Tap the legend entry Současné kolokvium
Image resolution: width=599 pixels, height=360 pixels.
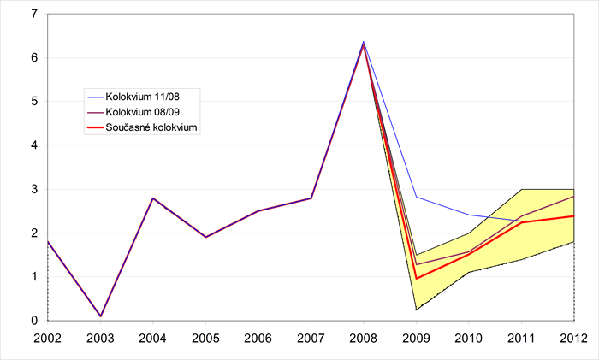151,127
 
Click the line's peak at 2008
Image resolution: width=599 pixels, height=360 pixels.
364,43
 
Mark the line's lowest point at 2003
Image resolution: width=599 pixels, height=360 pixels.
100,316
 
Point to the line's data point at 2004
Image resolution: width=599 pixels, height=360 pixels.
152,198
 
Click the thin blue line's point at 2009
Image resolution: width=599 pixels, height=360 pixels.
416,197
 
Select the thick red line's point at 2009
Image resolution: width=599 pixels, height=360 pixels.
416,278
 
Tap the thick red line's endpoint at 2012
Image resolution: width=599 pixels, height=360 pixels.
574,215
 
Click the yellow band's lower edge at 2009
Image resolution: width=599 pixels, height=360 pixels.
416,310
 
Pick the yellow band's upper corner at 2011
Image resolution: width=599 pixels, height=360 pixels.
521,189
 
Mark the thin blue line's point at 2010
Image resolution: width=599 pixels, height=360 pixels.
469,215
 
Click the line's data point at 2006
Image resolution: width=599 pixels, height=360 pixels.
258,211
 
